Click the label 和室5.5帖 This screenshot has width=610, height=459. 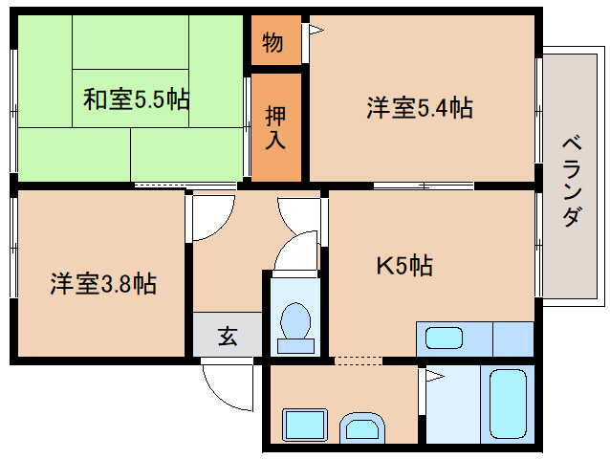pos(135,98)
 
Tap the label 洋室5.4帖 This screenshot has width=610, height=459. pos(420,108)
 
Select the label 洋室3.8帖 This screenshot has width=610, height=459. pos(103,283)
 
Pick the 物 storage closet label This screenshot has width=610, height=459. pos(272,43)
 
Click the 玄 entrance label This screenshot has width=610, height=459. pos(228,336)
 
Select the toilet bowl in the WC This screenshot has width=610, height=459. pos(295,322)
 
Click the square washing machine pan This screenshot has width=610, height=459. pos(305,426)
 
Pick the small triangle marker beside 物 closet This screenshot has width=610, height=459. pos(315,31)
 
